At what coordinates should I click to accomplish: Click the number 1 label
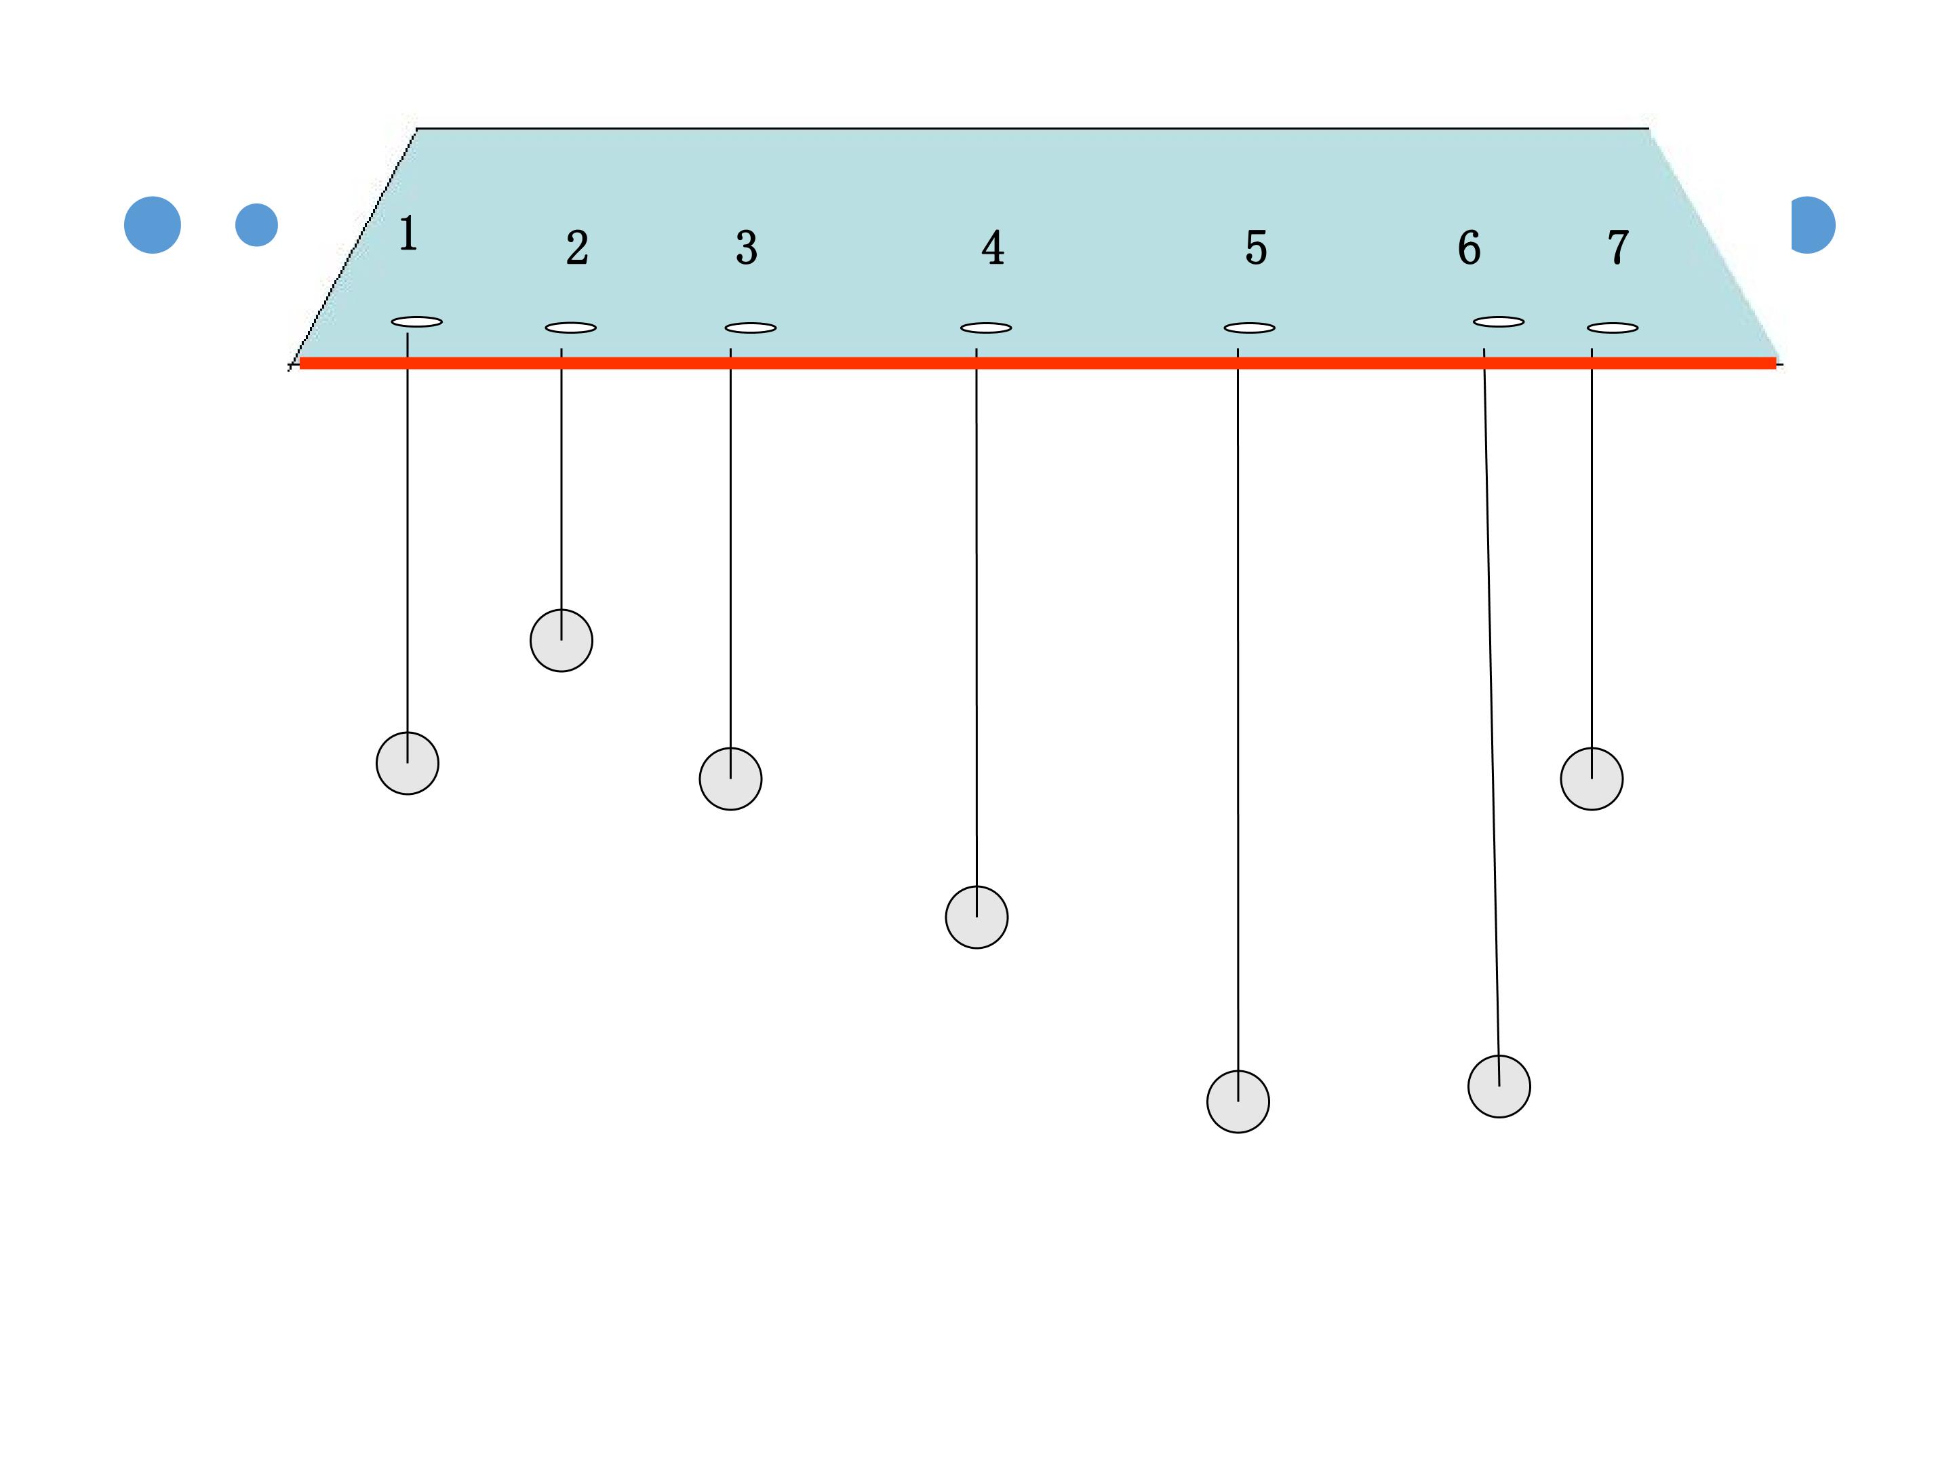pos(408,234)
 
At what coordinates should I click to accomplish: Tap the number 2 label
pos(578,248)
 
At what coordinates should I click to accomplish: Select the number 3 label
pos(747,248)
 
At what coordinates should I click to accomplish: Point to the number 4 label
pos(993,248)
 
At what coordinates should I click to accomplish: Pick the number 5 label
pos(1257,248)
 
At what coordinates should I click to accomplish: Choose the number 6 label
pos(1469,248)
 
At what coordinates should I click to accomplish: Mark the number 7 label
pos(1619,248)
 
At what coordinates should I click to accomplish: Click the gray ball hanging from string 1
pos(408,763)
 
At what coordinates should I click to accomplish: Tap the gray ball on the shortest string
pos(561,640)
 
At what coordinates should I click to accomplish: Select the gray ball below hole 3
pos(731,779)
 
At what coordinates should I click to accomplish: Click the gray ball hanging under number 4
pos(976,918)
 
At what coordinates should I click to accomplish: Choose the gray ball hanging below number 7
pos(1592,779)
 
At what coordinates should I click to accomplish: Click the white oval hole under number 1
pos(417,322)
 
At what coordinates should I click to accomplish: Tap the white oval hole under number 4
pos(986,328)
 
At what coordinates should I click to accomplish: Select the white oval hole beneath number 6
pos(1499,322)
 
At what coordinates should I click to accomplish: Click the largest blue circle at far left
pos(153,225)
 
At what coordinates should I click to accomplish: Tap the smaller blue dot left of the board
pos(257,225)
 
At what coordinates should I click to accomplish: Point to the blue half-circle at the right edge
pos(1813,225)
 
